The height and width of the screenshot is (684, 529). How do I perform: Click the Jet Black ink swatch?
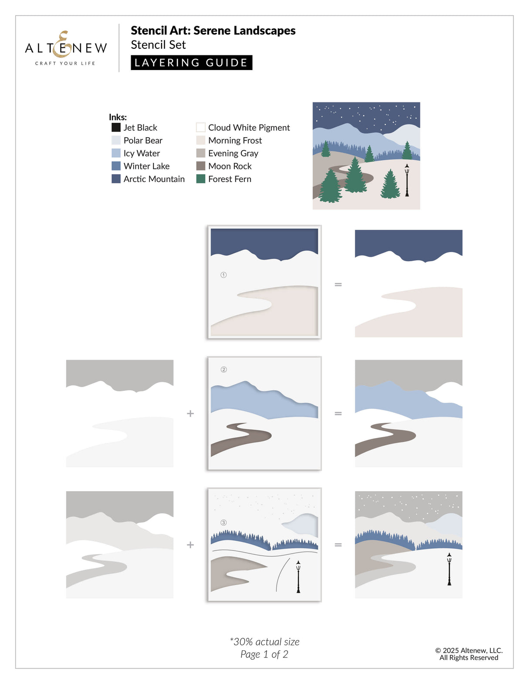(x=116, y=127)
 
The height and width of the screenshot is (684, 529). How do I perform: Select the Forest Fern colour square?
(x=201, y=179)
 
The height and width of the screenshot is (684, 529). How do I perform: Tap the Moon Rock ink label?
(x=230, y=166)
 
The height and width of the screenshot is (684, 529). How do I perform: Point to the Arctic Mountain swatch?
(x=116, y=179)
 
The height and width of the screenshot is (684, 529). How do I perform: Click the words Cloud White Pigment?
(x=249, y=128)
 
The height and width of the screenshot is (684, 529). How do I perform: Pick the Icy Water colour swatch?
(x=116, y=153)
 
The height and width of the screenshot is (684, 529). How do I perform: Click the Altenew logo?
(x=66, y=48)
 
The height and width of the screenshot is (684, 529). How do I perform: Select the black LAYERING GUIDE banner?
(x=191, y=63)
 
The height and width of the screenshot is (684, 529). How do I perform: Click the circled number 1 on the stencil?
(x=224, y=275)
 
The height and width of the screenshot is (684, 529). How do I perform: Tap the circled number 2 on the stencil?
(x=224, y=370)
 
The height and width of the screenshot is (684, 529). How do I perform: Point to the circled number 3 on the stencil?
(x=224, y=522)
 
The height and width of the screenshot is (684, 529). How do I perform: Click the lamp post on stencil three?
(x=298, y=577)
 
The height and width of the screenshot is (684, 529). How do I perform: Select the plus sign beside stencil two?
(x=190, y=413)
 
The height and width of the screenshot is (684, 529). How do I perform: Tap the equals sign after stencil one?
(x=338, y=285)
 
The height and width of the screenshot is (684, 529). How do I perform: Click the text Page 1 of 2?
(x=264, y=654)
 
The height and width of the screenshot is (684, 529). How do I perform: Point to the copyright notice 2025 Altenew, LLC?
(x=469, y=650)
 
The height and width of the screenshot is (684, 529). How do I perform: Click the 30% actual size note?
(x=264, y=641)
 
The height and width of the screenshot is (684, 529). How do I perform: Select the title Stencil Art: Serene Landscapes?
(x=213, y=30)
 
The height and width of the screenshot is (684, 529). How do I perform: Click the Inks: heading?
(x=118, y=117)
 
